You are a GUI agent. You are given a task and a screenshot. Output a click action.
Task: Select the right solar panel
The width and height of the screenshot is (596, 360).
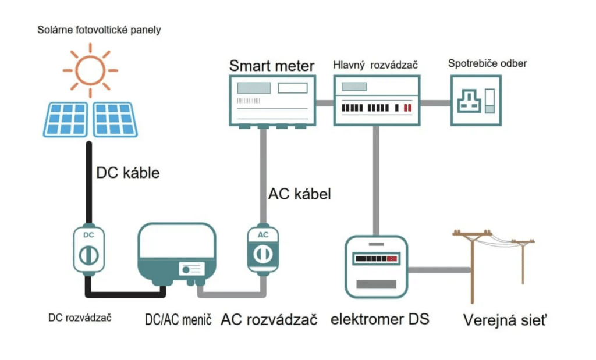coord(115,119)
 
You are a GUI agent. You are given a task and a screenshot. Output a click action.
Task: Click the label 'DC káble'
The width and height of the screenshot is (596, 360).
coord(127,173)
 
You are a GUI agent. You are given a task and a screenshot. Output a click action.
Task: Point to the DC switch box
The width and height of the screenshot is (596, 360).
coord(88,249)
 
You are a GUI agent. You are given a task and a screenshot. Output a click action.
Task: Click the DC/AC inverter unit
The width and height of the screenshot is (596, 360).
coord(176,253)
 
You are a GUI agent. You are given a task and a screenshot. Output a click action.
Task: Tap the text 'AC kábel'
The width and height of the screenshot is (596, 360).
coord(299,194)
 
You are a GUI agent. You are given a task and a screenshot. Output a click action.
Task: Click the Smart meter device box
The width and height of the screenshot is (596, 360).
coord(272,100)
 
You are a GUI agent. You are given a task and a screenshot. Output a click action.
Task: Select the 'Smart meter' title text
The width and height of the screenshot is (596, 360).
coord(271,65)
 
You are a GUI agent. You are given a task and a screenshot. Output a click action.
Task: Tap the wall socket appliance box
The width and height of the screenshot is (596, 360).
coord(476,100)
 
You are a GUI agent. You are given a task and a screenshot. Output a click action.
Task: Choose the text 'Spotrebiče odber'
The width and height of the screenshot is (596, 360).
coord(487,63)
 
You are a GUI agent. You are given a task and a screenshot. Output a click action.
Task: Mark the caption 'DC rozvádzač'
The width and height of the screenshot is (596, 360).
coord(80,318)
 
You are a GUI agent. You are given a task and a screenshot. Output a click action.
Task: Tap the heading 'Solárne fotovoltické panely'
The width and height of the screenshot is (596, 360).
coord(98,30)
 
